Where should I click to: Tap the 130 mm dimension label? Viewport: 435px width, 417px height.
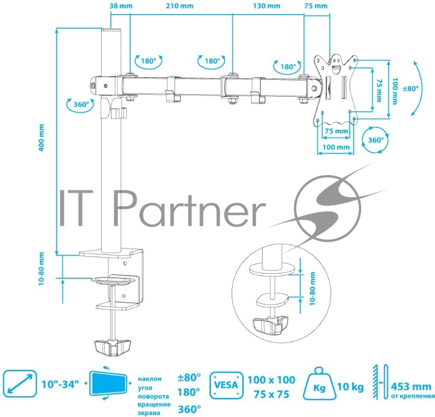point(266,6)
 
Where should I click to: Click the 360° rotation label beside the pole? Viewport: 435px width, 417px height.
point(80,105)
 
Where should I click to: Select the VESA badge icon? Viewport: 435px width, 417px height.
point(225,386)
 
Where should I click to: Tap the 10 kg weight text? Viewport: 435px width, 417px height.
point(350,387)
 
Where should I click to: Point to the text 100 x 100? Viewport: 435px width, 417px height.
point(271,379)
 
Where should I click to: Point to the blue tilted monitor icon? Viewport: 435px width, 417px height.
point(110,384)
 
